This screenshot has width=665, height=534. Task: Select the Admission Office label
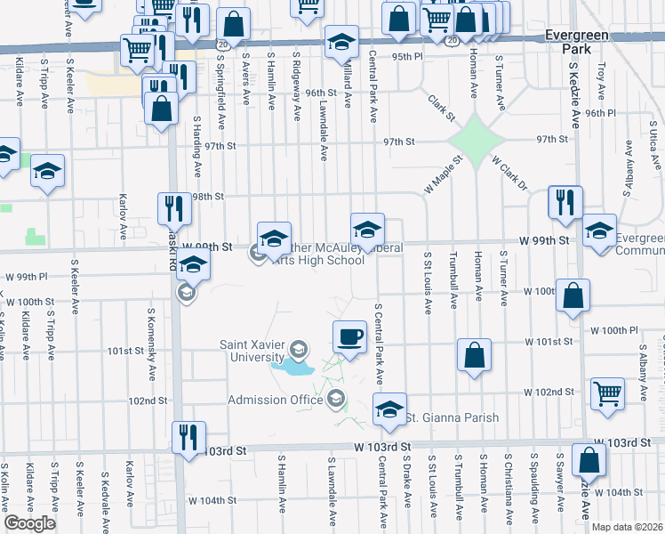pos(275,400)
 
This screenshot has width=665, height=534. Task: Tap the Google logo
pos(29,523)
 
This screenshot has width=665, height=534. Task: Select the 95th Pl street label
pos(408,56)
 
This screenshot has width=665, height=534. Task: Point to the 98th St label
pos(205,197)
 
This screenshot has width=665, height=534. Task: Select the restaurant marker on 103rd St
pos(187,438)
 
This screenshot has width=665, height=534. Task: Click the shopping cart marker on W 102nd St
pos(608,393)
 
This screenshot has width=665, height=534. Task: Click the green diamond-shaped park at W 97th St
pos(477,141)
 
